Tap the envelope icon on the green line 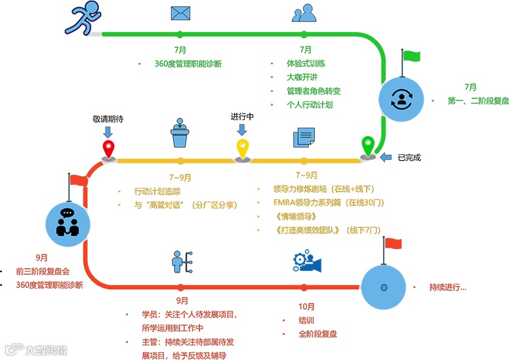point(180,14)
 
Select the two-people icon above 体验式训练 point(303,14)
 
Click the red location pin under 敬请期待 point(109,148)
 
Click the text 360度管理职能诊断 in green point(188,64)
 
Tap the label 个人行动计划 point(310,105)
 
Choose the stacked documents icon point(303,137)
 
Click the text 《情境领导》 point(296,216)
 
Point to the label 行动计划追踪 point(157,191)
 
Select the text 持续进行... point(447,288)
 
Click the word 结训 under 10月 point(306,321)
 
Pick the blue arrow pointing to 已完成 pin point(388,157)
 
